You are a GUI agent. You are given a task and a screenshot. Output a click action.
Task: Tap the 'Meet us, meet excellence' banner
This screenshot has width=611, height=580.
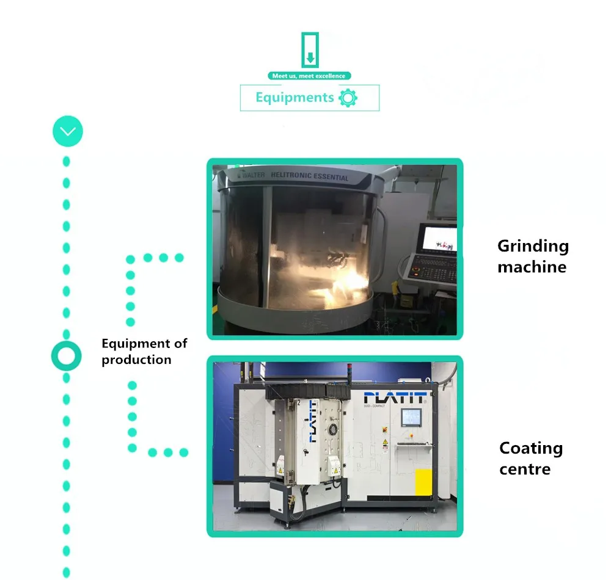[309, 76]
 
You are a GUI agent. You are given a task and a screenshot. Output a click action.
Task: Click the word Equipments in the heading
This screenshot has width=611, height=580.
[295, 98]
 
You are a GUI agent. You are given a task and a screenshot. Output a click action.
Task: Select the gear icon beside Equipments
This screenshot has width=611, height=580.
[348, 98]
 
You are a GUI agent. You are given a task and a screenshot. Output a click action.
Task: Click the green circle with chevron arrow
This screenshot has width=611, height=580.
[67, 131]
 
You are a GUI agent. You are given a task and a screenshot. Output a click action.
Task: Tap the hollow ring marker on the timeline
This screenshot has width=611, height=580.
[66, 355]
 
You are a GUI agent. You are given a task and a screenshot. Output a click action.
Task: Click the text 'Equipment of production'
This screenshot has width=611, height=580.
[144, 352]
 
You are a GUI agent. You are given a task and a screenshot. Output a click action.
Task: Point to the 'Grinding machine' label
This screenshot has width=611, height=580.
[532, 256]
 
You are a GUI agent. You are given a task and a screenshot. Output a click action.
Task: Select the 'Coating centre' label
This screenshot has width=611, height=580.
[531, 459]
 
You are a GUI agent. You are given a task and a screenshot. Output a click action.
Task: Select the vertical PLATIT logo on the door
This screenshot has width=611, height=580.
[312, 422]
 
